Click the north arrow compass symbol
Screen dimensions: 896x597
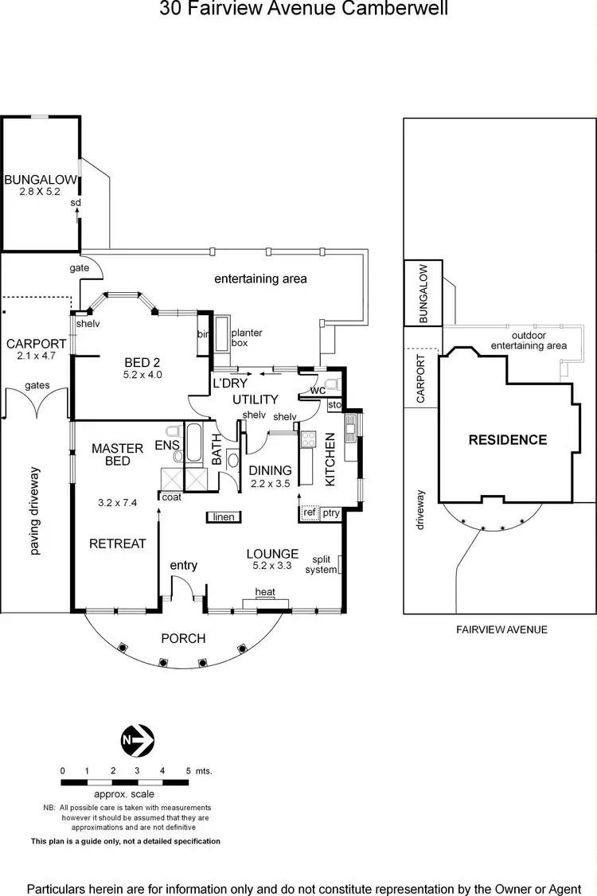(137, 742)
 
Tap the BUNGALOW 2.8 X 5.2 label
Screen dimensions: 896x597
(41, 185)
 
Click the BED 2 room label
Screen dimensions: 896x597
(142, 368)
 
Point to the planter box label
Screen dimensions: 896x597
(246, 337)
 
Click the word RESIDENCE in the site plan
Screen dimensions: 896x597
(507, 440)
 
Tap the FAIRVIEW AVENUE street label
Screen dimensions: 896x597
(501, 629)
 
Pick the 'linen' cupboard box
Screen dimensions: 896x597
(224, 517)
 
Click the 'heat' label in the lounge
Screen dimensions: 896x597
(265, 591)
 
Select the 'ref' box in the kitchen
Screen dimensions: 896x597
(310, 513)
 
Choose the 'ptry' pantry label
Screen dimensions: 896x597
(331, 513)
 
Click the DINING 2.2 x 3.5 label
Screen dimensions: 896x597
(271, 477)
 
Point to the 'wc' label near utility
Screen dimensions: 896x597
(318, 391)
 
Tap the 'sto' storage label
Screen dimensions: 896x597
(334, 405)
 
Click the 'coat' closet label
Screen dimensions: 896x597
(171, 497)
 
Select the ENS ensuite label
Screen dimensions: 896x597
(167, 445)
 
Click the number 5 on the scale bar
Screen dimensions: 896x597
(188, 770)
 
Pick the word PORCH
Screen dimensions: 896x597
(183, 638)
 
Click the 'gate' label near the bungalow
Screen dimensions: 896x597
(79, 268)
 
